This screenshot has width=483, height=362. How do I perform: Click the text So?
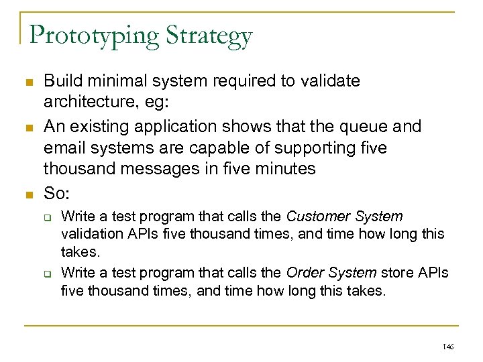tap(56, 193)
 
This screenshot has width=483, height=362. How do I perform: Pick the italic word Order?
tap(303, 273)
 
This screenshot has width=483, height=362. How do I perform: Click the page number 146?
tap(447, 347)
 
